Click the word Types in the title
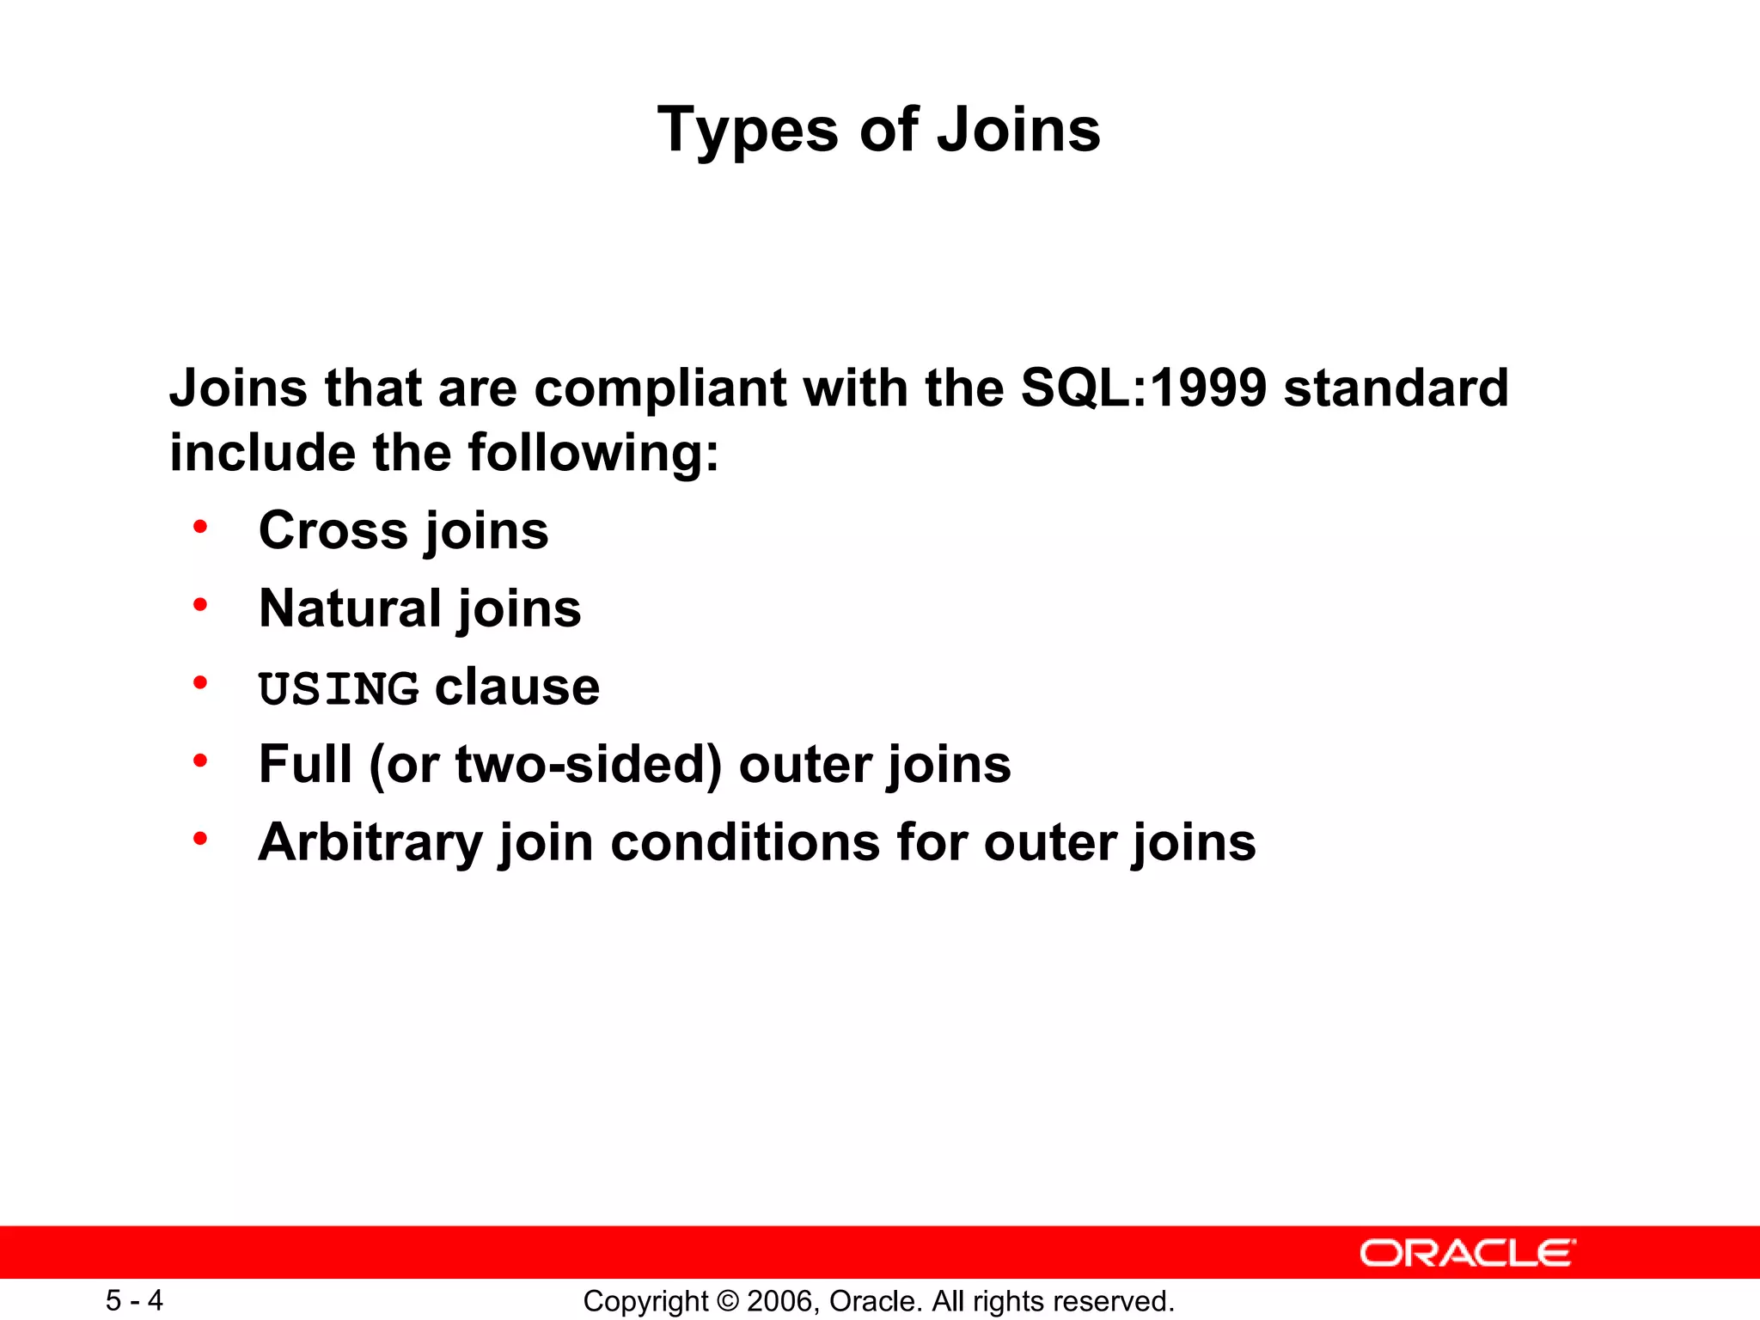click(x=747, y=131)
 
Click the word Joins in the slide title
click(x=1017, y=131)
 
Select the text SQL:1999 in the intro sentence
click(x=1143, y=388)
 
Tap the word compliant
click(x=659, y=389)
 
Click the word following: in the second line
click(x=593, y=453)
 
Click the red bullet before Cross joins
click(x=200, y=527)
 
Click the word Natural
click(x=351, y=608)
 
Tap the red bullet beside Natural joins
click(x=200, y=605)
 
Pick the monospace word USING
click(x=339, y=689)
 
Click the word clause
click(x=516, y=687)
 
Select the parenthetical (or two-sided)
click(x=545, y=765)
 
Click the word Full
click(x=305, y=764)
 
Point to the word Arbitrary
click(x=370, y=843)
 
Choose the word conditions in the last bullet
click(x=745, y=842)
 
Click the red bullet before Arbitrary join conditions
click(x=200, y=839)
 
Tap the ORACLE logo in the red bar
click(x=1467, y=1253)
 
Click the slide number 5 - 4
click(x=134, y=1300)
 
